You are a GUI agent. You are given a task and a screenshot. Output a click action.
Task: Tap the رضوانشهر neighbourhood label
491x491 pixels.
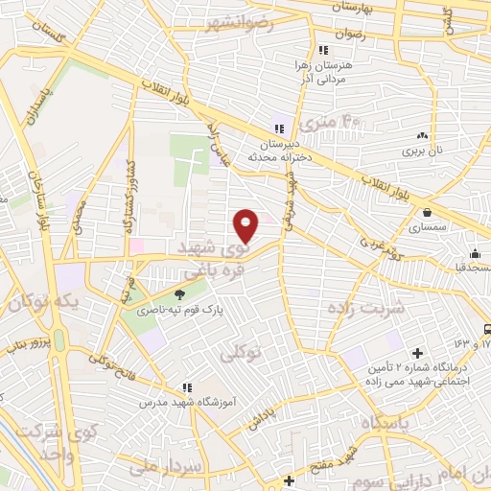tap(238, 23)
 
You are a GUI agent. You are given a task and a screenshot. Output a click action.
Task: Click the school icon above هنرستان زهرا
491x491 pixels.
tap(323, 50)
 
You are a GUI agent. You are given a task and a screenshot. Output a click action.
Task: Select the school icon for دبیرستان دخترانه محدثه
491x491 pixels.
tap(279, 129)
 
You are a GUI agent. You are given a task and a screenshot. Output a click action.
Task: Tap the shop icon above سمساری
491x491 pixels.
tap(424, 213)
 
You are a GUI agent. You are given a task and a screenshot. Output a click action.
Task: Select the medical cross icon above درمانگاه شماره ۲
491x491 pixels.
tap(416, 354)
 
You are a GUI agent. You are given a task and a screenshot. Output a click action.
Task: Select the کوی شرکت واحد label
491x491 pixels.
tap(36, 439)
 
